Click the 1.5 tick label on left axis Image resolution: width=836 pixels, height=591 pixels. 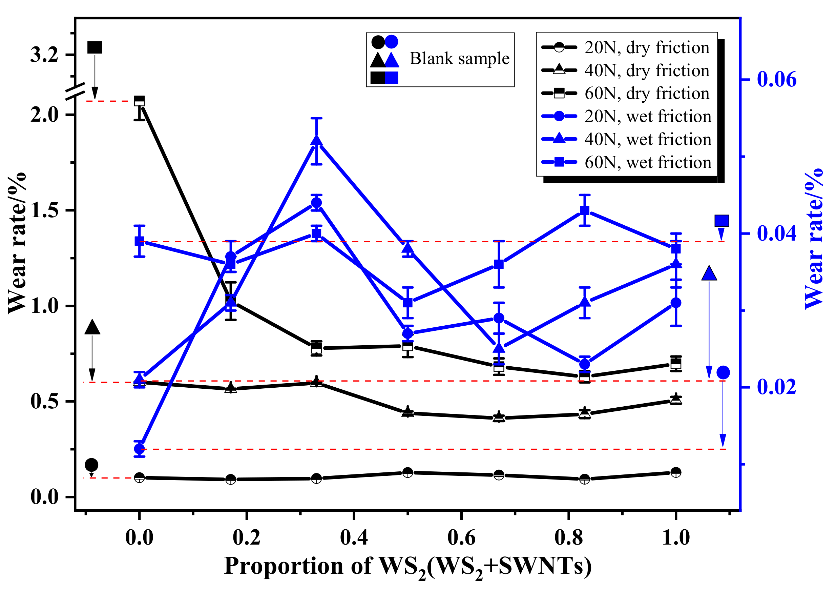44,210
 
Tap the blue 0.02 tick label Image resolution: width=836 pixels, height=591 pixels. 777,387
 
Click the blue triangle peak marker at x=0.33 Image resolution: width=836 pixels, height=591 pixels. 316,140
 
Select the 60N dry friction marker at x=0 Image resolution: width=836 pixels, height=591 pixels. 140,101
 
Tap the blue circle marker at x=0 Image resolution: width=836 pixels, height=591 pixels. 140,449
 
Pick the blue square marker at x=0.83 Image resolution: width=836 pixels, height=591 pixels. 584,210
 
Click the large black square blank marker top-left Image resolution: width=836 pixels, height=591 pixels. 95,47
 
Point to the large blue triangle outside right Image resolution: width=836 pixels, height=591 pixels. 709,273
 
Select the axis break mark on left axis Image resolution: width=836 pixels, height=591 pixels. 76,92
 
